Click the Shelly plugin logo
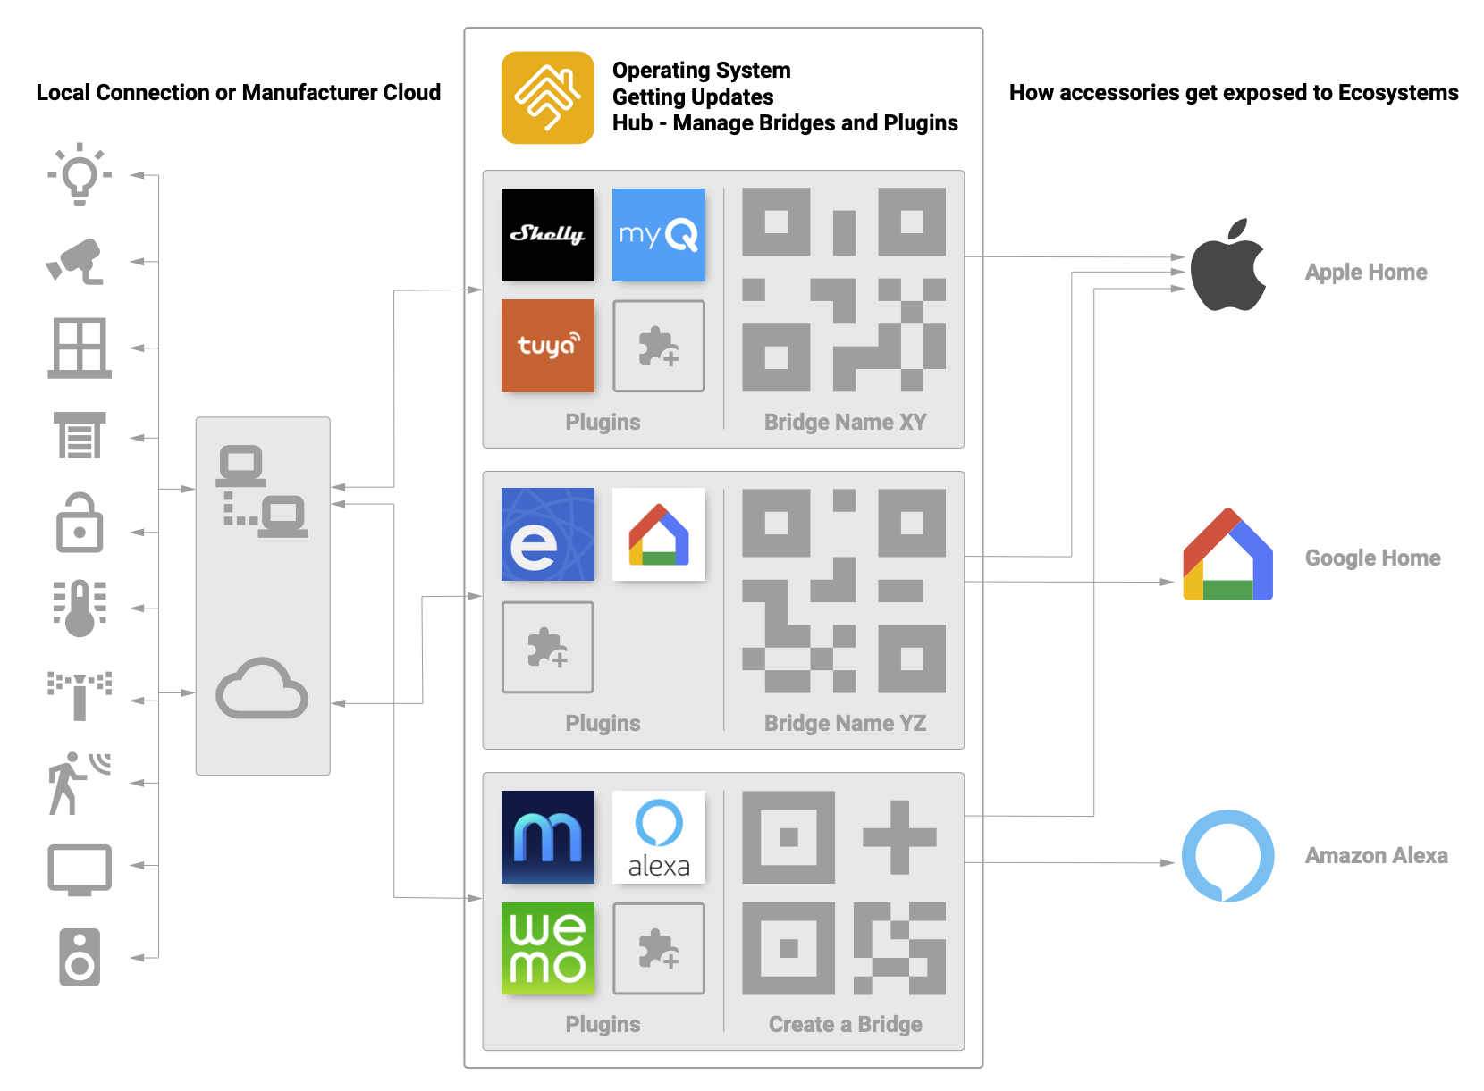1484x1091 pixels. (548, 235)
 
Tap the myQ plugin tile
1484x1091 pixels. (659, 235)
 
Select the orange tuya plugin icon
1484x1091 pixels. (548, 346)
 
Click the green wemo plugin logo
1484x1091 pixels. (548, 949)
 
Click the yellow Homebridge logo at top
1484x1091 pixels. (548, 98)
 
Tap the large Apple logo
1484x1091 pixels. (1229, 264)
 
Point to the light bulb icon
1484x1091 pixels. (80, 174)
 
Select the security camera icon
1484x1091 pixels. (74, 262)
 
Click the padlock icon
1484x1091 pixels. (80, 523)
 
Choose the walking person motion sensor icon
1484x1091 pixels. (78, 784)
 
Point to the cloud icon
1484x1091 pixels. (262, 690)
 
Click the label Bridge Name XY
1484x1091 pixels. (846, 423)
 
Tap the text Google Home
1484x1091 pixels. (1374, 558)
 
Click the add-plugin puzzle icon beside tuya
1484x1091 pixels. (659, 346)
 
